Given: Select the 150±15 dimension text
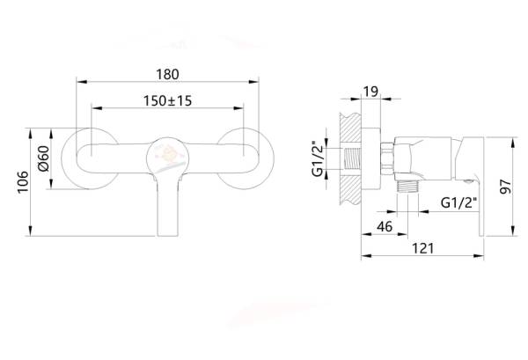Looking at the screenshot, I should pos(168,101).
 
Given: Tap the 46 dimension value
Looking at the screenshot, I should pos(385,227).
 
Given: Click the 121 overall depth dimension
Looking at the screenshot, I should pos(424,250).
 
